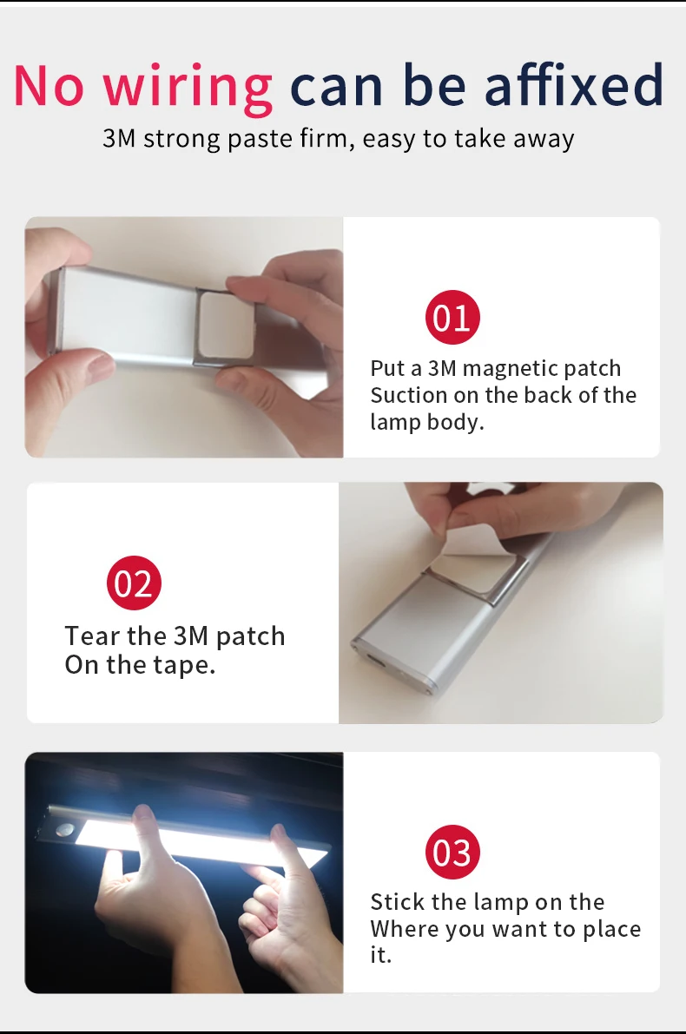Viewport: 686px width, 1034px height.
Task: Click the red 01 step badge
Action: (x=452, y=318)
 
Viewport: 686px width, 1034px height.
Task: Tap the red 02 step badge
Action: (x=134, y=584)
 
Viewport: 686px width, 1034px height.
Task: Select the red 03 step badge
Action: (x=452, y=853)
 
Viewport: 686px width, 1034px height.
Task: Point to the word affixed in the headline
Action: (x=574, y=85)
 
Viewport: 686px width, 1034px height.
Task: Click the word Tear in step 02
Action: (x=92, y=636)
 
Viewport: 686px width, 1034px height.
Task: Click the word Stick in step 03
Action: (x=396, y=902)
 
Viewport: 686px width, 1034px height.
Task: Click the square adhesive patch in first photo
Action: (x=228, y=323)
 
